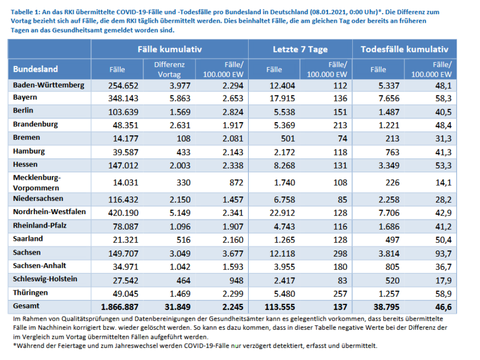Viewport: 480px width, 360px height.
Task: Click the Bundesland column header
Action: click(35, 69)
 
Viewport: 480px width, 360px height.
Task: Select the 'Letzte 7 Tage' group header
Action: click(300, 49)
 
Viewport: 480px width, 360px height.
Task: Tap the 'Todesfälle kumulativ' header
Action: click(404, 49)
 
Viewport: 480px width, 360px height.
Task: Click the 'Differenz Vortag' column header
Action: click(169, 70)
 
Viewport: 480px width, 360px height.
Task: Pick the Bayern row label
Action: click(25, 97)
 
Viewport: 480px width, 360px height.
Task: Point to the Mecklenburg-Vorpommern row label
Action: click(37, 183)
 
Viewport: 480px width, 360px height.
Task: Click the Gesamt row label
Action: click(26, 306)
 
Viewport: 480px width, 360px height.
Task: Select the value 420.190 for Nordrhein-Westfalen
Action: click(123, 213)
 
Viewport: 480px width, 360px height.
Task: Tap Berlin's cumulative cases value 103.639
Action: click(123, 112)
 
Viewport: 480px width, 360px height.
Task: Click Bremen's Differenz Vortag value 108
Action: click(183, 138)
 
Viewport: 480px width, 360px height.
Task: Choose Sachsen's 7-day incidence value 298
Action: click(340, 253)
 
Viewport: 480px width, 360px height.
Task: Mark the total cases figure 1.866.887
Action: click(120, 307)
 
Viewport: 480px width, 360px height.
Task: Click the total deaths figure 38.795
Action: click(387, 307)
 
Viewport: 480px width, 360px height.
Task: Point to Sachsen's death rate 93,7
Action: click(443, 253)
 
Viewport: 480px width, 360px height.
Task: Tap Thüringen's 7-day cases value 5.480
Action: click(284, 294)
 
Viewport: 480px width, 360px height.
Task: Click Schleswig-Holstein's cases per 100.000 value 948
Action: click(236, 280)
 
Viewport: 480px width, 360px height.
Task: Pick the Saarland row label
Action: click(28, 239)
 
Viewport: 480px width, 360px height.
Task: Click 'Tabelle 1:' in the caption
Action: click(25, 12)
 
